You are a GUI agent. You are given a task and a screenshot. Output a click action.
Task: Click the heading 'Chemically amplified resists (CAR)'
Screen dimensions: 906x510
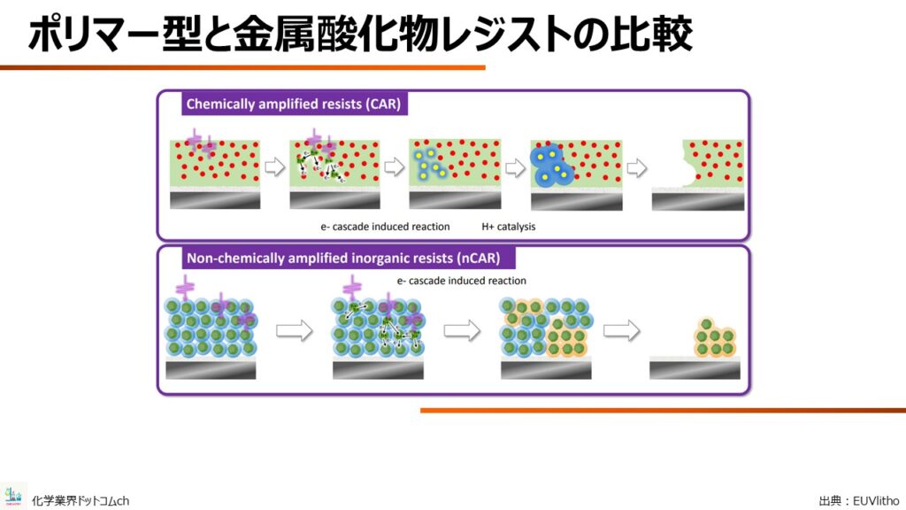[x=294, y=104]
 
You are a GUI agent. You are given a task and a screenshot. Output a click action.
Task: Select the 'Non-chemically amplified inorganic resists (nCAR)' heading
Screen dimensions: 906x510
[x=343, y=258]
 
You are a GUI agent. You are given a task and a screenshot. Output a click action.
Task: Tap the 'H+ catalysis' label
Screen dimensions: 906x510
[x=509, y=227]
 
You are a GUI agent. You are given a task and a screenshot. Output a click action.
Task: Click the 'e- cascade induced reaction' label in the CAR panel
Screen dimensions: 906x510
[x=385, y=227]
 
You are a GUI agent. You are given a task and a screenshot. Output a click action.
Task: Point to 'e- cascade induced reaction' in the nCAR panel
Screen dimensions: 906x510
[x=461, y=281]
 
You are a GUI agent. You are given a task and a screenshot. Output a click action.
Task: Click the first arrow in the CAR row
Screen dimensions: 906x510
[x=275, y=167]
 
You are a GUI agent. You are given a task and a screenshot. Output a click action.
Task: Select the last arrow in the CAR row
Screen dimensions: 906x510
[x=637, y=167]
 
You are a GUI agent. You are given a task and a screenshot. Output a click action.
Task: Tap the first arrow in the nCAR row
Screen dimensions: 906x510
[x=295, y=331]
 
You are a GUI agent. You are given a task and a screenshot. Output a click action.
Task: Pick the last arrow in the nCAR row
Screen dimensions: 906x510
[x=622, y=331]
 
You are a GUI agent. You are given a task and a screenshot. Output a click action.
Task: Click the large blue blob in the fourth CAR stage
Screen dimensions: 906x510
[x=550, y=166]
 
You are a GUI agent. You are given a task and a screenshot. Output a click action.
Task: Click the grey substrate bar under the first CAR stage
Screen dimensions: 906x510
[x=215, y=200]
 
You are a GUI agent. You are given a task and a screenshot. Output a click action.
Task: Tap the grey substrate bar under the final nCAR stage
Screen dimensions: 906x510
[x=695, y=370]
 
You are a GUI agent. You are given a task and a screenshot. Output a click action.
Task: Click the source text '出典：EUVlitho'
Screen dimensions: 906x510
[x=859, y=501]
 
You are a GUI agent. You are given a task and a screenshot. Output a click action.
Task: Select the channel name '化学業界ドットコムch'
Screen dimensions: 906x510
[x=81, y=501]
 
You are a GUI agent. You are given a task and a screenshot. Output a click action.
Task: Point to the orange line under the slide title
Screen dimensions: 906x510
[x=242, y=67]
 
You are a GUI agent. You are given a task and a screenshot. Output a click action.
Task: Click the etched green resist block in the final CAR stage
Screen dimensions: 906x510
[x=713, y=163]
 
